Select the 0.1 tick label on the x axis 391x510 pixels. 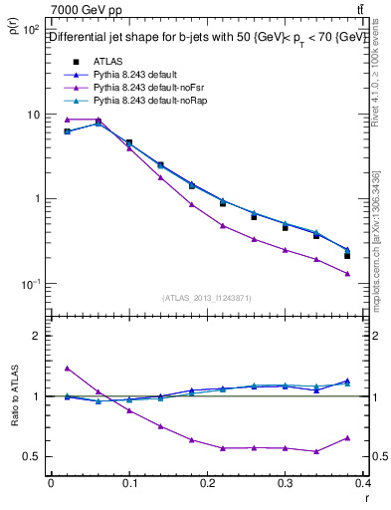click(129, 484)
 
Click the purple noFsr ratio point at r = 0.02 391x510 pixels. click(67, 368)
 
